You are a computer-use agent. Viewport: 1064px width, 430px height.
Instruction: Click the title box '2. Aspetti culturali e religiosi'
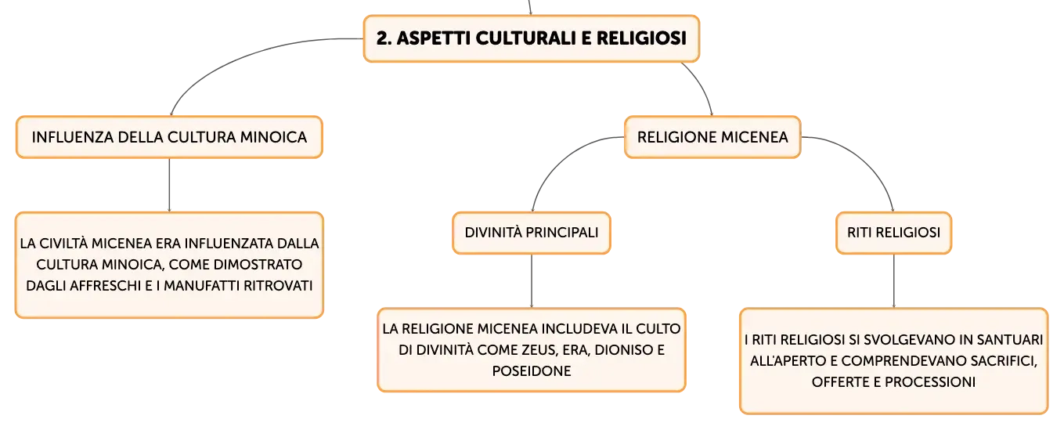pyautogui.click(x=532, y=38)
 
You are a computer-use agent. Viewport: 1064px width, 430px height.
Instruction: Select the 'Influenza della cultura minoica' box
pyautogui.click(x=170, y=137)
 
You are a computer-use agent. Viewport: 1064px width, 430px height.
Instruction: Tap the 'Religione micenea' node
pyautogui.click(x=712, y=137)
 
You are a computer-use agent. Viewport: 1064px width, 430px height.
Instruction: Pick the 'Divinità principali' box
pyautogui.click(x=532, y=233)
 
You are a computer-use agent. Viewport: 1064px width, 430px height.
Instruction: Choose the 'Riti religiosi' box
pyautogui.click(x=893, y=233)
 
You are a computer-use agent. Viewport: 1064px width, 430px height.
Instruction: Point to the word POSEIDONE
pyautogui.click(x=532, y=371)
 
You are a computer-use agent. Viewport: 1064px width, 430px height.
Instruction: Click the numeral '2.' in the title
pyautogui.click(x=384, y=38)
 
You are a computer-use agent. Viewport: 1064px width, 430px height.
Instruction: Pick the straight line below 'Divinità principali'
pyautogui.click(x=532, y=281)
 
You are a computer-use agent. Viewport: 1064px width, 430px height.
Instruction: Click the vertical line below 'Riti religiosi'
pyautogui.click(x=893, y=281)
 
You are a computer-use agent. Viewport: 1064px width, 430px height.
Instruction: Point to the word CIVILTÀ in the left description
pyautogui.click(x=63, y=244)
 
